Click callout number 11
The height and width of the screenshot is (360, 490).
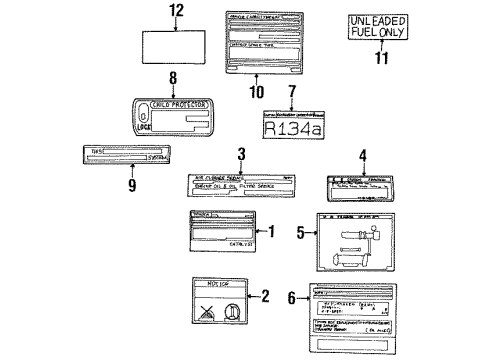(380, 59)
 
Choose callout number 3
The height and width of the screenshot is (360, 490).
(240, 153)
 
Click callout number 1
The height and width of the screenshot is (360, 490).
(269, 232)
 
